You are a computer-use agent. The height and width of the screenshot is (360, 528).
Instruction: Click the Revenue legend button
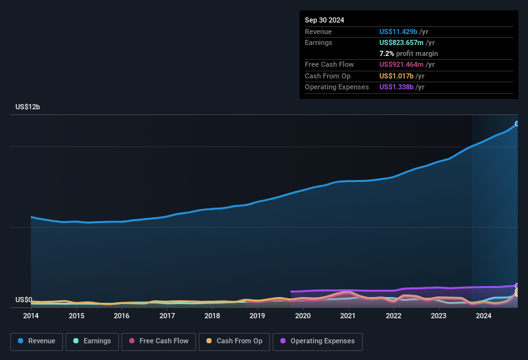pyautogui.click(x=37, y=341)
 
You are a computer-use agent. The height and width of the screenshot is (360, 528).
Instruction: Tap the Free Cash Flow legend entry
pyautogui.click(x=159, y=341)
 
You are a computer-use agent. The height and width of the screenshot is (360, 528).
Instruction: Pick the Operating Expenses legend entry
pyautogui.click(x=317, y=341)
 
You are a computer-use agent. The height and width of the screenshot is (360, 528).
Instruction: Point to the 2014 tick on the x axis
pyautogui.click(x=31, y=316)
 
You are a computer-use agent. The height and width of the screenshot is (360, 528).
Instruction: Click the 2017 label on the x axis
pyautogui.click(x=167, y=316)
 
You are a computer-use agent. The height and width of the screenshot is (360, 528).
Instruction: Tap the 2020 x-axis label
pyautogui.click(x=302, y=316)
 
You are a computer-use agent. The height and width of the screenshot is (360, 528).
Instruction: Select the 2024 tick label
pyautogui.click(x=484, y=316)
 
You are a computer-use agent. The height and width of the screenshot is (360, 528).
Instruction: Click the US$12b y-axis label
pyautogui.click(x=28, y=107)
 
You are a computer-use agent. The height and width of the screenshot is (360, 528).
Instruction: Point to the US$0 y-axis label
pyautogui.click(x=24, y=300)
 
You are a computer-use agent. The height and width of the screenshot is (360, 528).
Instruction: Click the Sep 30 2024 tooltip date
pyautogui.click(x=324, y=20)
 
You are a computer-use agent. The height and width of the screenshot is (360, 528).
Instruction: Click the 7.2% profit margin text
pyautogui.click(x=408, y=53)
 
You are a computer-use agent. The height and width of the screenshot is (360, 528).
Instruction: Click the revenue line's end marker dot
pyautogui.click(x=517, y=124)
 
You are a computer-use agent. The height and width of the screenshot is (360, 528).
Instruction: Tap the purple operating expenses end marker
pyautogui.click(x=517, y=286)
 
